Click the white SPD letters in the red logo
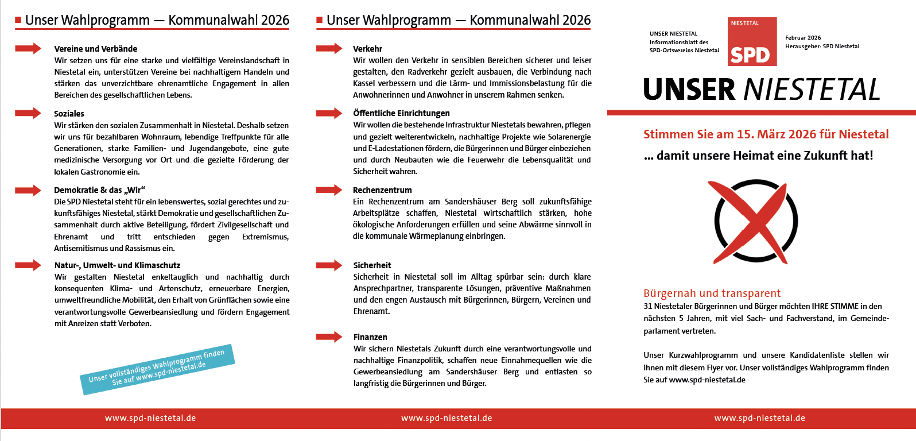(x=750, y=55)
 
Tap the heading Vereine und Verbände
(x=95, y=49)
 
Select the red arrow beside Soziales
(x=28, y=113)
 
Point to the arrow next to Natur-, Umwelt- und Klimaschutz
(x=28, y=265)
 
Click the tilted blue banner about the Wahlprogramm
(x=157, y=369)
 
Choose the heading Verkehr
(x=367, y=49)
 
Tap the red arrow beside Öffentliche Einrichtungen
(x=329, y=113)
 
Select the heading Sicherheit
(x=372, y=265)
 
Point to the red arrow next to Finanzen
(x=329, y=336)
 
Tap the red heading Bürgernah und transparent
(x=712, y=293)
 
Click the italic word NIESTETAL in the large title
(x=812, y=90)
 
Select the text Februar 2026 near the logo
(x=803, y=38)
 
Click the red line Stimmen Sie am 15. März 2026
(x=766, y=134)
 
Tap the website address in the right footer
(x=759, y=418)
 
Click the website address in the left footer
(x=150, y=418)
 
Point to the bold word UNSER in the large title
(x=689, y=90)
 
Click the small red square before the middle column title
(x=320, y=20)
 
